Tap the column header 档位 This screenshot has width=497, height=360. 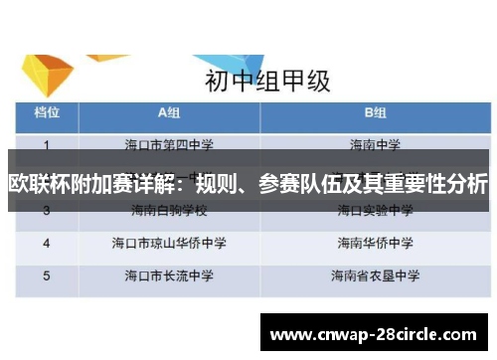pos(47,112)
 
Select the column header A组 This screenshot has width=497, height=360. pos(167,112)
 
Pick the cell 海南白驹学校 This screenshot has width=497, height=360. pos(167,212)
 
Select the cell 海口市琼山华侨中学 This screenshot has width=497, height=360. pos(167,243)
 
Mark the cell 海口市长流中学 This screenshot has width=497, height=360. pos(167,275)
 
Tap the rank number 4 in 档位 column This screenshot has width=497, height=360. pos(47,243)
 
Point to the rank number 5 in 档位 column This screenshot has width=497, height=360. pos(47,275)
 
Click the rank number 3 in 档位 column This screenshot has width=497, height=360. pos(47,212)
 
